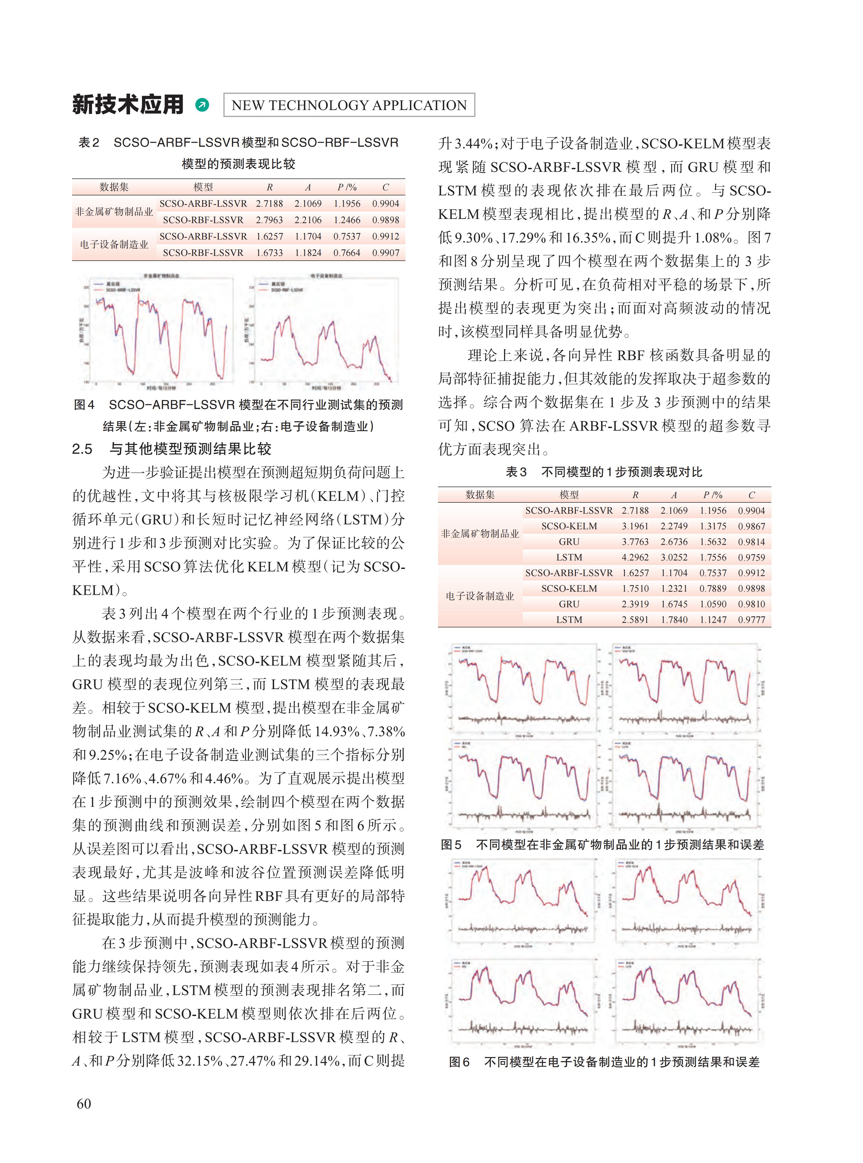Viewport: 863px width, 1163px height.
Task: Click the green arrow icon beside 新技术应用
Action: [x=202, y=105]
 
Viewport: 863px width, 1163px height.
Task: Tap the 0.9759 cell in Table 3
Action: [x=751, y=558]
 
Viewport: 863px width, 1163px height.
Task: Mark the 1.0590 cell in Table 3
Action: [x=713, y=604]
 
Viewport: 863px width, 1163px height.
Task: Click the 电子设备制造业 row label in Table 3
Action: [x=479, y=596]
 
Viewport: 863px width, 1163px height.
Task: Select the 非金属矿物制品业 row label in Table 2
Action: [x=114, y=212]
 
